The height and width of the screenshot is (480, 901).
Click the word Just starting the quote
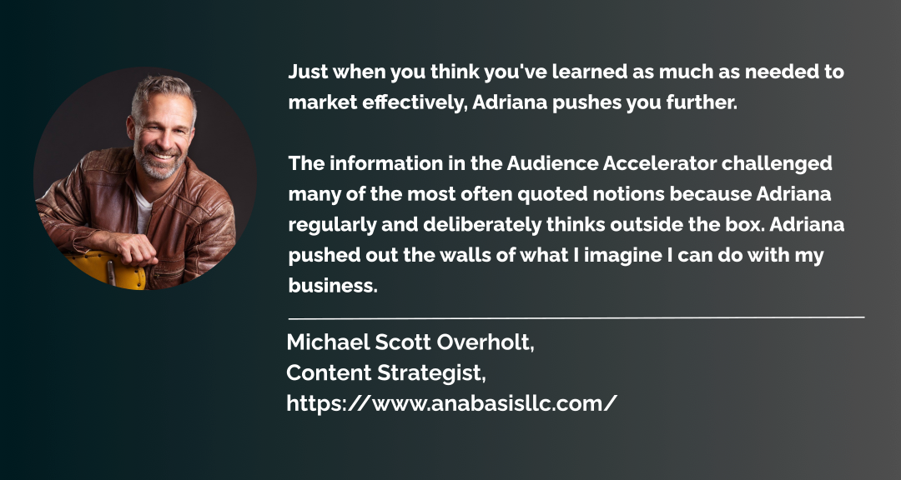[309, 72]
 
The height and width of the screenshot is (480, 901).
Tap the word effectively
[415, 103]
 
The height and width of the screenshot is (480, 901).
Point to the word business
[333, 285]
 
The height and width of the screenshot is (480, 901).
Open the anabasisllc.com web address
[451, 403]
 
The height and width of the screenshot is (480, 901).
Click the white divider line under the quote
[576, 317]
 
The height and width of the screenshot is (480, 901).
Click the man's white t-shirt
[143, 210]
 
